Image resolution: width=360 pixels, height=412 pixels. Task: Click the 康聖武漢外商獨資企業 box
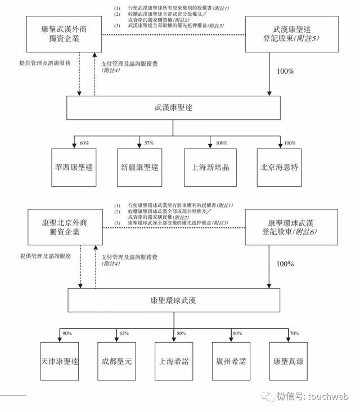64,34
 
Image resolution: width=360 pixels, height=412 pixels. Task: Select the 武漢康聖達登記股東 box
292,34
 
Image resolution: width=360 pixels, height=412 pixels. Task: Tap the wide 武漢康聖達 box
173,108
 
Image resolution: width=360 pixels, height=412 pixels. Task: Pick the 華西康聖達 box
74,168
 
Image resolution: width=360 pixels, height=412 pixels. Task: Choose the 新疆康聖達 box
139,168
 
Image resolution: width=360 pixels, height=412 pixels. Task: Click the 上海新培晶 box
210,168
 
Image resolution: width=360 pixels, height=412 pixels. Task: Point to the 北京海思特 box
279,168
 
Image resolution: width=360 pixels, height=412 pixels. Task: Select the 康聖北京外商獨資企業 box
65,227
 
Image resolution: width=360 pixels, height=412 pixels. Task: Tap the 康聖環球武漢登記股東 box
291,227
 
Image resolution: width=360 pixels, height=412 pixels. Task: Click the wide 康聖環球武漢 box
174,301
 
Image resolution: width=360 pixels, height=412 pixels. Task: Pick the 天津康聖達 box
60,361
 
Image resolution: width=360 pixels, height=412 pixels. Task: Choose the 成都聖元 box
117,361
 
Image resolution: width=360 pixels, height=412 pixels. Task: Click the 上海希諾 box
174,361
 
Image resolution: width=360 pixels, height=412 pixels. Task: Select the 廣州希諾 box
231,361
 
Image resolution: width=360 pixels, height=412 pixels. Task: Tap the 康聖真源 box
289,361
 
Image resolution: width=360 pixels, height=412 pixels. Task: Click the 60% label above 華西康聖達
84,143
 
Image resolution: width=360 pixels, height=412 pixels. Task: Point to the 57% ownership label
149,143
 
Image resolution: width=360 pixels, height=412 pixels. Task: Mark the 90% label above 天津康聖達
67,333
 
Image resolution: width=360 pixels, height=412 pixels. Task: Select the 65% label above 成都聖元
124,333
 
